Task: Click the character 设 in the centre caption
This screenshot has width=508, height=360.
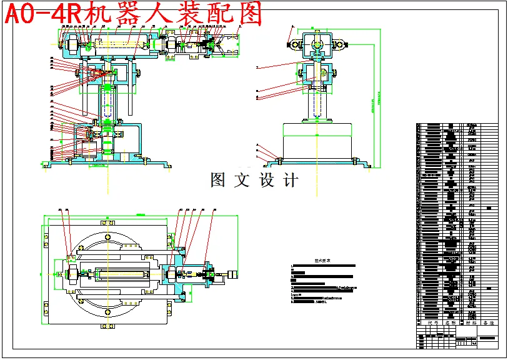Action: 266,181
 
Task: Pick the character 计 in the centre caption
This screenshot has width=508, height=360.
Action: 291,181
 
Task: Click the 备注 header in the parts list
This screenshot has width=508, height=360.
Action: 489,324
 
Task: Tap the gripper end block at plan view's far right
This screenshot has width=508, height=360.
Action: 233,274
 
